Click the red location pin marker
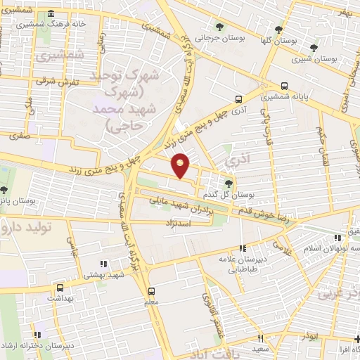coord(181,165)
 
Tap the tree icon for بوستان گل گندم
coord(228,184)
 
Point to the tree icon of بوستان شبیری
coord(314,48)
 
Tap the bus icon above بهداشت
coord(60,288)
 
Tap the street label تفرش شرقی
coord(53,80)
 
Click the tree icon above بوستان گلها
coord(279,30)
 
